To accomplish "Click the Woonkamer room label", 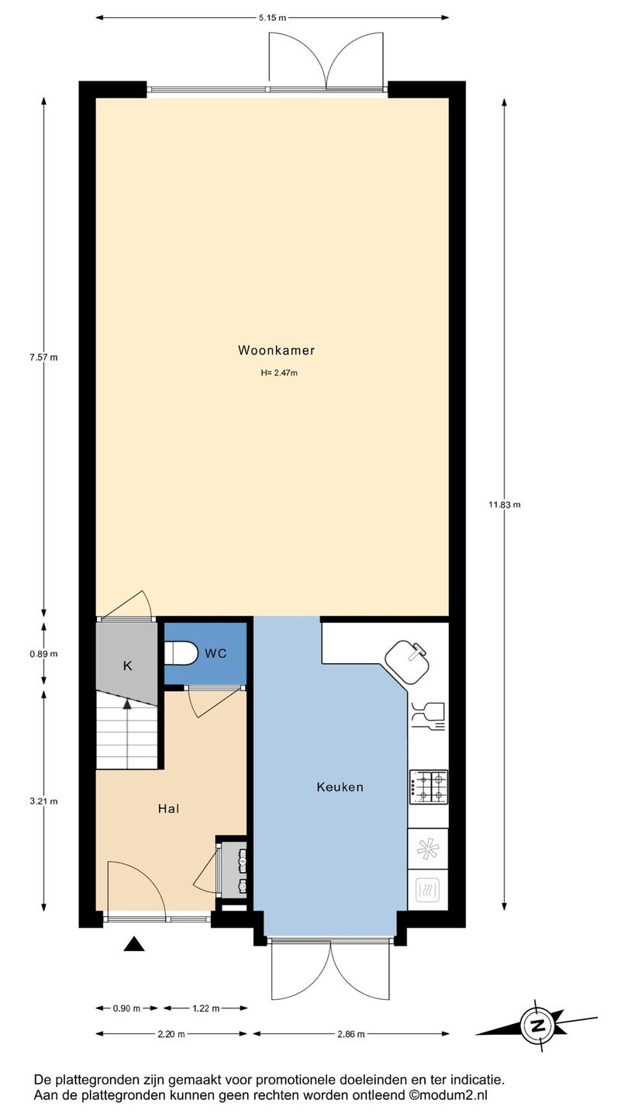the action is coord(276,350).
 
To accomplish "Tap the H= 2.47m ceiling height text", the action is coord(279,372).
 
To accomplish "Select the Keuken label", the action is coord(340,787).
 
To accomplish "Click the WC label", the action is coord(216,653).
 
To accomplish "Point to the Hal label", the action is coord(168,808).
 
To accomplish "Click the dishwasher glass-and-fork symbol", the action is coord(428,717).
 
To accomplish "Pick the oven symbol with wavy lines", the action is coord(428,890).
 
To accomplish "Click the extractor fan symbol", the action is coord(428,849).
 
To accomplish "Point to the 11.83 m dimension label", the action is coord(505,505).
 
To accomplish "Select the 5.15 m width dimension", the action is coord(272,18).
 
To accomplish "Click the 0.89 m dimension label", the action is coord(44,654).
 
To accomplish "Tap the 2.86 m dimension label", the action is coord(351,1034).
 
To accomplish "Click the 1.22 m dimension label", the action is coord(206,1008).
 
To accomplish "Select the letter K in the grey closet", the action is coord(128,666).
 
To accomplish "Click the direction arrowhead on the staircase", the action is coord(128,704).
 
